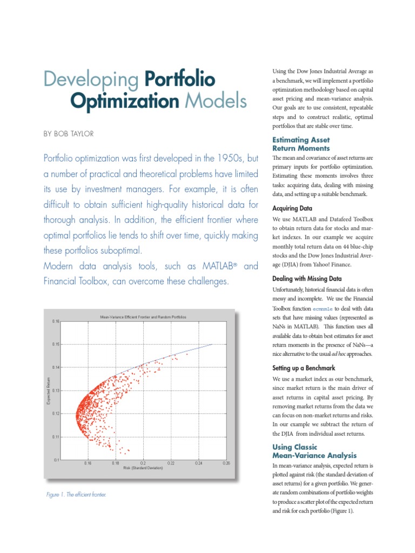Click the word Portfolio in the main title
(180, 79)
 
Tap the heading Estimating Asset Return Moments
(301, 144)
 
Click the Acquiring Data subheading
(292, 208)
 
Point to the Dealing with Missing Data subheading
(307, 279)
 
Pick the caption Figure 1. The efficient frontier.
(76, 494)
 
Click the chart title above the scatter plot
(143, 317)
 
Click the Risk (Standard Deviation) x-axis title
(143, 468)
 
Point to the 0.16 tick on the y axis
(56, 321)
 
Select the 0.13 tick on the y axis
(56, 390)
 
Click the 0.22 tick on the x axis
(171, 463)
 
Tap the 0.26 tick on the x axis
(226, 463)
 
